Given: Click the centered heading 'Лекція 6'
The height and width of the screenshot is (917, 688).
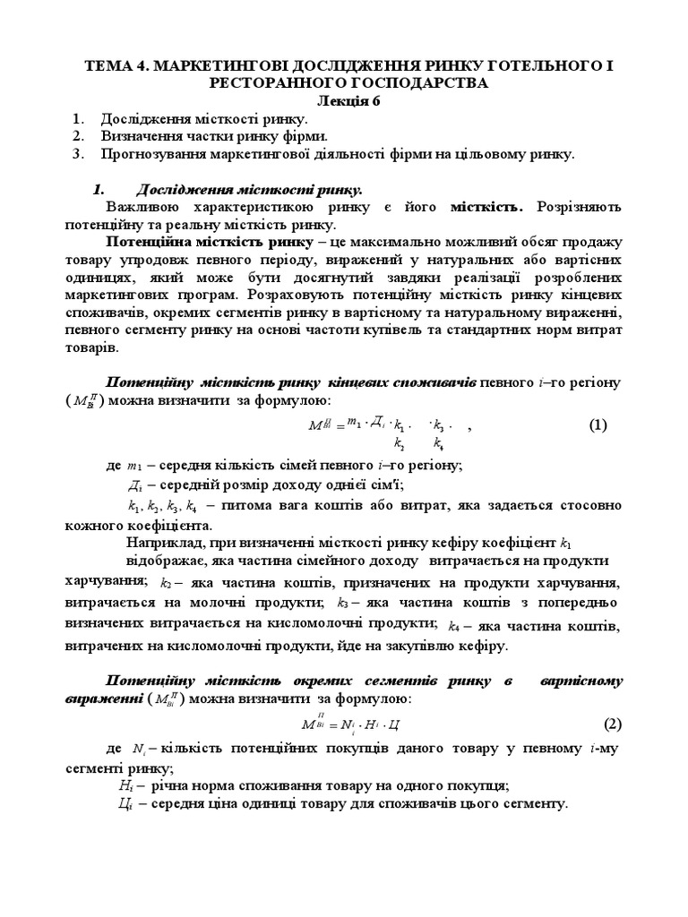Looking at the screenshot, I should click(345, 100).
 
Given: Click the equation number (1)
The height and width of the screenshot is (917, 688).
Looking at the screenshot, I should click(598, 425).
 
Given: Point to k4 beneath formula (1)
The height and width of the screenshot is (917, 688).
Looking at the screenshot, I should click(438, 442).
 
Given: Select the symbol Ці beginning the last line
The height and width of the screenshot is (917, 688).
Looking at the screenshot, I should click(125, 803).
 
